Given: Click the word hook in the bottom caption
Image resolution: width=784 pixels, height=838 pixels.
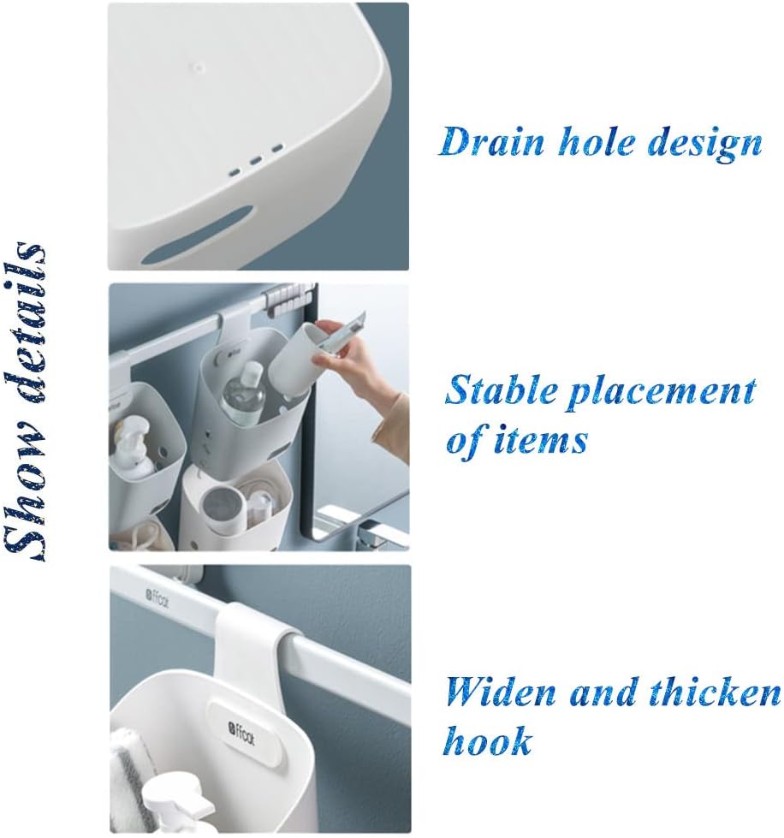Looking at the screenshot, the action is [x=487, y=740].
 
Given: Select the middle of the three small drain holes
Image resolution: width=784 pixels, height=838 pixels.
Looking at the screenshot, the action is [x=255, y=160].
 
